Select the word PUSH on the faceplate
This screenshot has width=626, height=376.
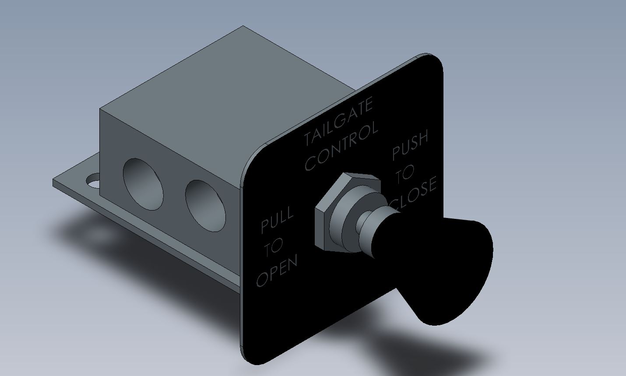(410, 145)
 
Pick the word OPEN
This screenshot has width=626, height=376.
(277, 271)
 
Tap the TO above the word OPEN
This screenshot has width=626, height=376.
(274, 247)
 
